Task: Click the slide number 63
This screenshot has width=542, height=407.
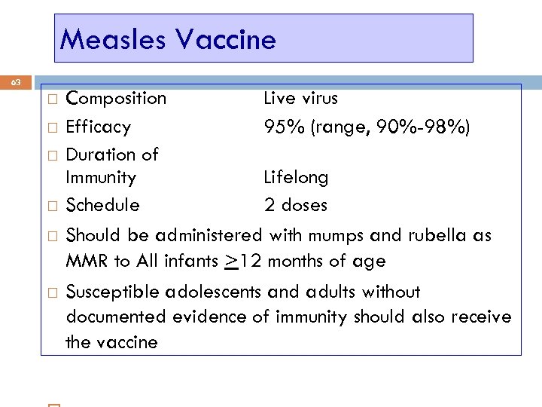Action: click(17, 81)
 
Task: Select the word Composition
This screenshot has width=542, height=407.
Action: click(116, 99)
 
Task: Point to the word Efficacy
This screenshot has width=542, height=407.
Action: click(98, 127)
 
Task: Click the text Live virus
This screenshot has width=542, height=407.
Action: click(300, 98)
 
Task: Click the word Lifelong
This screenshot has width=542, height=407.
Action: click(296, 178)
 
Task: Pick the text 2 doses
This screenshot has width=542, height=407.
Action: click(295, 205)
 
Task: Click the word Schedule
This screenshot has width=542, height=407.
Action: click(102, 205)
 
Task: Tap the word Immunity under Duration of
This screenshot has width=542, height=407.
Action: click(101, 178)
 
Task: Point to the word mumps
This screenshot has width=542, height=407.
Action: click(336, 236)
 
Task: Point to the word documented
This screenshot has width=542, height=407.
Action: click(116, 317)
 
